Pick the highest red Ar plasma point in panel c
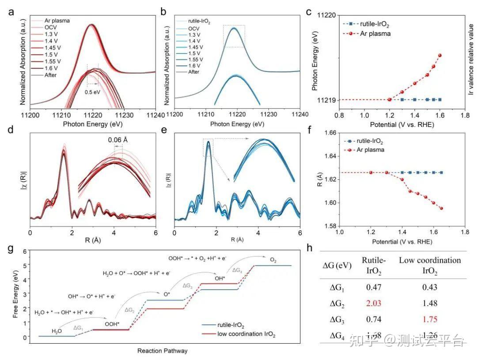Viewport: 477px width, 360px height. [440, 55]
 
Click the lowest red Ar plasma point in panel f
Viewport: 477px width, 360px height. [441, 208]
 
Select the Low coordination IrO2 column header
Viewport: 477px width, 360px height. [429, 265]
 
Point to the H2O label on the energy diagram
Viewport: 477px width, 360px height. [57, 330]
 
